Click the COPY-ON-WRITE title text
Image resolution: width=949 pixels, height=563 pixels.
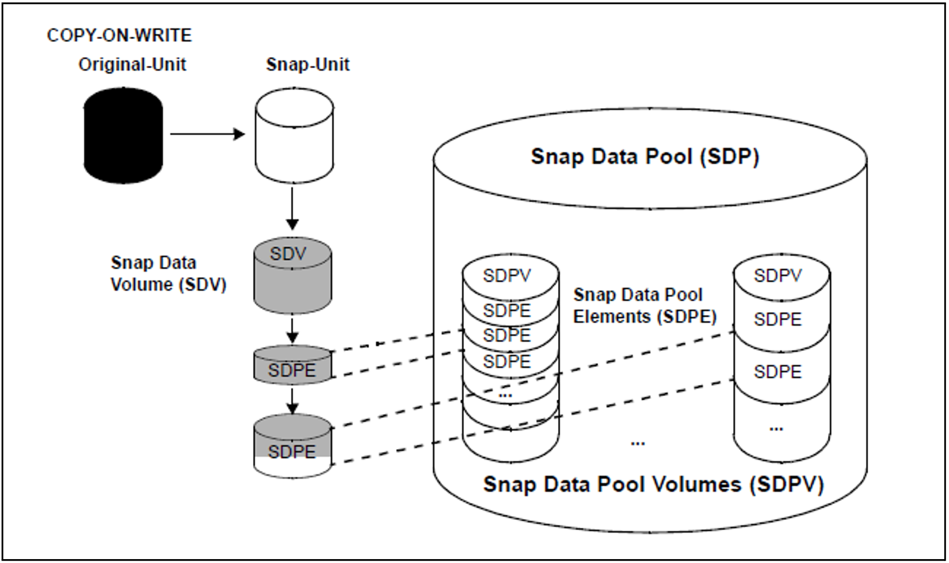[x=119, y=35]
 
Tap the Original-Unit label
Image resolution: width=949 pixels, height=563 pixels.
[x=132, y=64]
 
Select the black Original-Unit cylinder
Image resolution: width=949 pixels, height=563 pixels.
[x=123, y=136]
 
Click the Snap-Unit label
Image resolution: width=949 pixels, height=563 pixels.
[x=307, y=65]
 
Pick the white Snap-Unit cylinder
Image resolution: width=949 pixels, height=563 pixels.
[x=294, y=136]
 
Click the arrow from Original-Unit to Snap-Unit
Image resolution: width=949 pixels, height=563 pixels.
[x=208, y=134]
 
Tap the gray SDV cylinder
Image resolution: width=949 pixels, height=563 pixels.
[x=293, y=275]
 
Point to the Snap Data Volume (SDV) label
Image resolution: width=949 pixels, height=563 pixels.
[x=168, y=273]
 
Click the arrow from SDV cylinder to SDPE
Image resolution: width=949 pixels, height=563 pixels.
[x=292, y=330]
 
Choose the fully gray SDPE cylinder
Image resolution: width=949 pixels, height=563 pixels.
[x=292, y=365]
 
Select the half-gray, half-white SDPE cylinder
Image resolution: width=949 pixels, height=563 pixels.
[x=292, y=446]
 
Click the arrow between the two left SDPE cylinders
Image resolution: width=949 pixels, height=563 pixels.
[x=292, y=401]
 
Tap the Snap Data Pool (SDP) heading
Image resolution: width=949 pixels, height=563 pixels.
[x=645, y=156]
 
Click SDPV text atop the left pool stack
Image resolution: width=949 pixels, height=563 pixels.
[x=506, y=275]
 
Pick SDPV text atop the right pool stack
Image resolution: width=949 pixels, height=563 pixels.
[x=777, y=275]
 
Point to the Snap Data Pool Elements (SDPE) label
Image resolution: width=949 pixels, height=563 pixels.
[x=645, y=306]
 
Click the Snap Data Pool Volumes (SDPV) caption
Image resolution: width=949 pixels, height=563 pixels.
[x=653, y=484]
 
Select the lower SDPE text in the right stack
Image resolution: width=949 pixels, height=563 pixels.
[x=777, y=372]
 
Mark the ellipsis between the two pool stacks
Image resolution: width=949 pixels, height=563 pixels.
[x=638, y=443]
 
